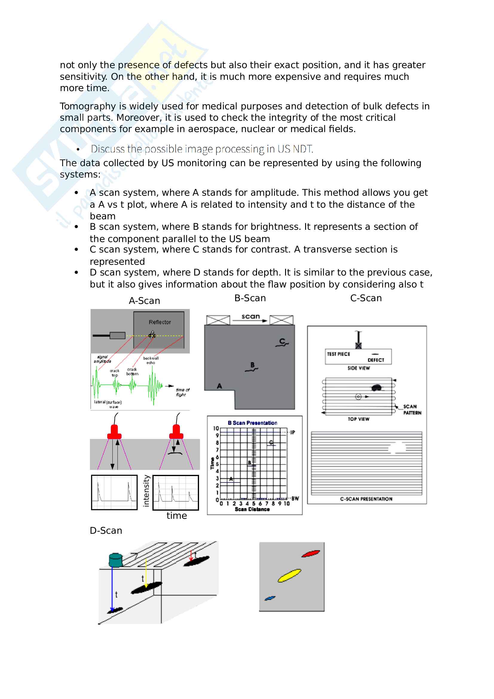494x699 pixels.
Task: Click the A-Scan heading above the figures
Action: point(144,301)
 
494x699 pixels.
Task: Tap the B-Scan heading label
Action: point(250,298)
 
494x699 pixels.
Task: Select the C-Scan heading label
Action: point(366,298)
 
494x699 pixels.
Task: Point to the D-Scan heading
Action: point(106,531)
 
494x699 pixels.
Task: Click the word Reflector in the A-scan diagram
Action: point(160,322)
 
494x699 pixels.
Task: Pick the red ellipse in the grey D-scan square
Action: point(311,553)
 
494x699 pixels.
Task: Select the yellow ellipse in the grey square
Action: point(289,575)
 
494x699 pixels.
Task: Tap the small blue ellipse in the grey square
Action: point(270,598)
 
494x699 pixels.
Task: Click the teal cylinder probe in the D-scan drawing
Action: point(116,559)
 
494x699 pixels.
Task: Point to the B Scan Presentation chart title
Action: point(252,423)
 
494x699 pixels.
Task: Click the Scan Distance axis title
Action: point(252,509)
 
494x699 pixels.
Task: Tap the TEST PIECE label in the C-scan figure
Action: point(339,354)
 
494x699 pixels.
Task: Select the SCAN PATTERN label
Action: point(412,409)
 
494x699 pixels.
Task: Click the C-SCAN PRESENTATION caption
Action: point(366,499)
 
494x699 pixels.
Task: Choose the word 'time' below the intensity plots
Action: point(177,516)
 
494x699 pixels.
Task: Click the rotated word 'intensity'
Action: point(146,491)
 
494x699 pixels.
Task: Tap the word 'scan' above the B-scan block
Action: point(250,316)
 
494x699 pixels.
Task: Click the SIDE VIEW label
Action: point(359,368)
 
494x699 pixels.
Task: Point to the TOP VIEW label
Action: point(359,419)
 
